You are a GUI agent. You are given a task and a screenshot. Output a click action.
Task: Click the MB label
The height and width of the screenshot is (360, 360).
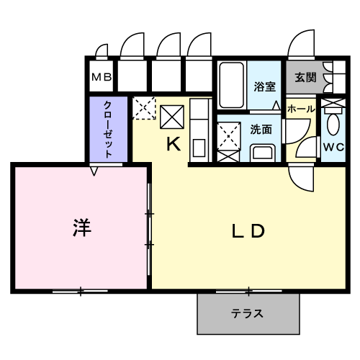tap(102, 77)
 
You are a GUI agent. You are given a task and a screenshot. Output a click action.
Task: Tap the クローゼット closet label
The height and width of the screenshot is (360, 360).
tap(109, 130)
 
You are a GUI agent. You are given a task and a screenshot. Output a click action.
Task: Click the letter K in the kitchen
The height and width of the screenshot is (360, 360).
tap(174, 144)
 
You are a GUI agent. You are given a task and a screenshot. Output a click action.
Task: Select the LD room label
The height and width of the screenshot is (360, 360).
tap(248, 231)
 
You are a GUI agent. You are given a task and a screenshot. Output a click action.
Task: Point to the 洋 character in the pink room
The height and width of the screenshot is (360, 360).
tap(82, 228)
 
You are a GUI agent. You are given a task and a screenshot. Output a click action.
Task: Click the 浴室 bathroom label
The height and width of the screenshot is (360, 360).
tap(264, 86)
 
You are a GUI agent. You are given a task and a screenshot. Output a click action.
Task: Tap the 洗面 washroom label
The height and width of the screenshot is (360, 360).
tap(261, 130)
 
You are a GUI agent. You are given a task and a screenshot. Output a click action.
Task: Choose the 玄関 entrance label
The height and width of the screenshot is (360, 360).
tap(305, 77)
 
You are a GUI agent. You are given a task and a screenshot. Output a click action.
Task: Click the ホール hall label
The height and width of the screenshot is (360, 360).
tap(301, 109)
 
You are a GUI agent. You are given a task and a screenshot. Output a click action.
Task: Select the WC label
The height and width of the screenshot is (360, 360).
tap(334, 147)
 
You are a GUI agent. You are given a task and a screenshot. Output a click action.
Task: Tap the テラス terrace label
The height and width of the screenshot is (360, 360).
tap(247, 314)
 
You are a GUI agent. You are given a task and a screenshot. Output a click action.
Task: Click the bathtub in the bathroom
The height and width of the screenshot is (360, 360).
tap(232, 85)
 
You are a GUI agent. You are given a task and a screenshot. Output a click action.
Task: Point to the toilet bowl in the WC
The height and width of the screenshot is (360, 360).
tap(333, 125)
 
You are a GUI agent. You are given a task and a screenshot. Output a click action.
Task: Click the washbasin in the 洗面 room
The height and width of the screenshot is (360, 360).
tap(263, 153)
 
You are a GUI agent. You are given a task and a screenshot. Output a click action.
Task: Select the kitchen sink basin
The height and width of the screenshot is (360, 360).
tap(199, 148)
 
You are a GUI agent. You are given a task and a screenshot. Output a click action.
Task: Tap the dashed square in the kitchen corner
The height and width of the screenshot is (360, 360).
tap(144, 108)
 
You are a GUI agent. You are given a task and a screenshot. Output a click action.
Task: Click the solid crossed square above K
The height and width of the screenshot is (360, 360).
tap(172, 117)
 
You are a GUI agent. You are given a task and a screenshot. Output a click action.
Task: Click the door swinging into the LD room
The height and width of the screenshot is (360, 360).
tap(302, 179)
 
